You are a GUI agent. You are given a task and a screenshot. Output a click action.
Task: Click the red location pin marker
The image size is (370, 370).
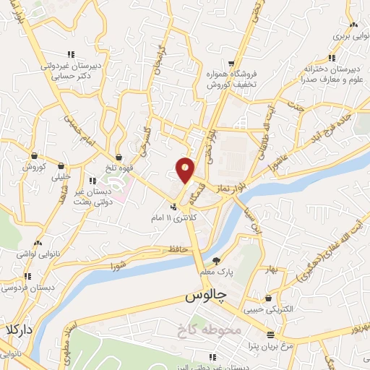[x=186, y=171]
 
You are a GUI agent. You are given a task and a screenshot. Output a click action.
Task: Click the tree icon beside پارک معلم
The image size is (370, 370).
[x=215, y=261]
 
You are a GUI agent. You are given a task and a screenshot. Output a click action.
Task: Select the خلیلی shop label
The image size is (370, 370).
[x=62, y=176]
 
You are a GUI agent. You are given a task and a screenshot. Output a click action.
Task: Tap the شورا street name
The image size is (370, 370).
[x=120, y=265]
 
